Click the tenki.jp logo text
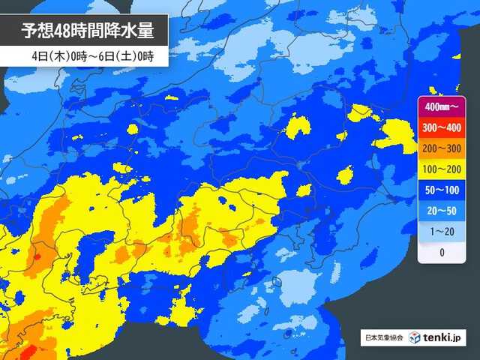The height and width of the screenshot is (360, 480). click(x=443, y=338)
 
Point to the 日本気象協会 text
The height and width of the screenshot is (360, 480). click(x=384, y=338)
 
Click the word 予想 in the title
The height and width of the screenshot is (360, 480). click(x=37, y=32)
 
